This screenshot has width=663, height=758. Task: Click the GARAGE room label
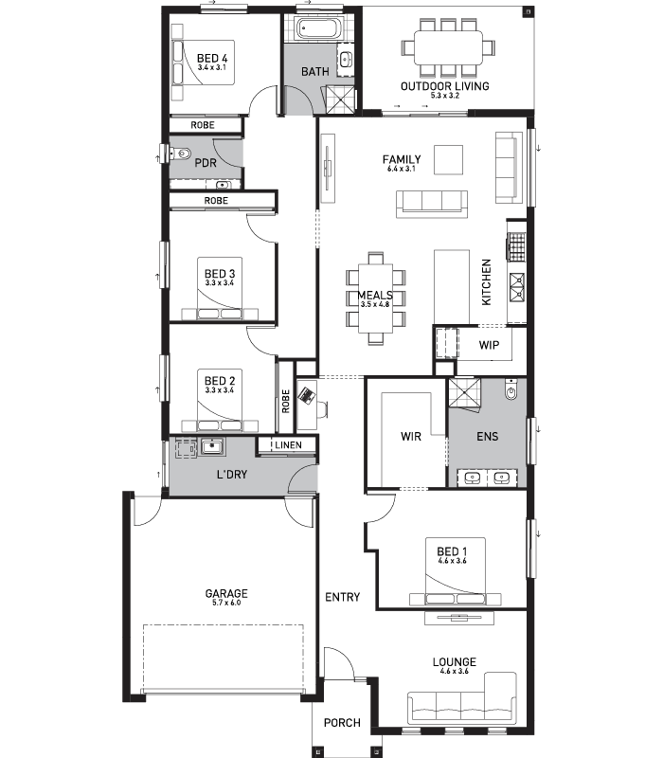pos(226,594)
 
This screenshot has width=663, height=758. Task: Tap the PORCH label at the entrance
pos(342,723)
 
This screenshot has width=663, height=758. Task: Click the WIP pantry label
pos(488,345)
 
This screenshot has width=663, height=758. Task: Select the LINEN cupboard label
pos(289,445)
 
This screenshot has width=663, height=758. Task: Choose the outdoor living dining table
pos(447,45)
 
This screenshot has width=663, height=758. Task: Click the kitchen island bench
pos(452,286)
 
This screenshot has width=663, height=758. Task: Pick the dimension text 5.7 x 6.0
pos(226,604)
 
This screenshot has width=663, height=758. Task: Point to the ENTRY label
pos(342,597)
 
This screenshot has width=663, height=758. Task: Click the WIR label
pos(410,437)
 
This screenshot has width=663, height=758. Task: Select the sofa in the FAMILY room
pos(432,201)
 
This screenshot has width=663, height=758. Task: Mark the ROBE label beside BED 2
pos(285,401)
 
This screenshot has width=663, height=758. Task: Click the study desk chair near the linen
pos(322,407)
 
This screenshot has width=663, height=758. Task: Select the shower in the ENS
pos(465,392)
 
